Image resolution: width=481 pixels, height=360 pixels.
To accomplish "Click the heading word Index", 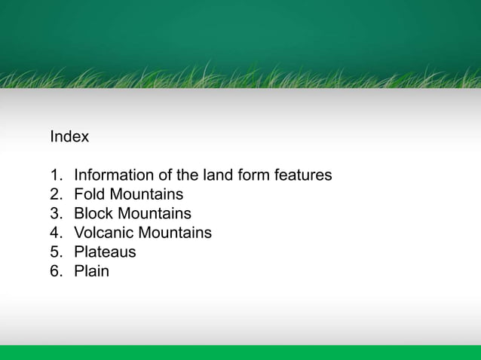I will pyautogui.click(x=69, y=137).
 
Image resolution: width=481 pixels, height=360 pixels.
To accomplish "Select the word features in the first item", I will pyautogui.click(x=303, y=175).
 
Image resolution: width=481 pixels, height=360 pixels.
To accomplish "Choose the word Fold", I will pyautogui.click(x=90, y=194).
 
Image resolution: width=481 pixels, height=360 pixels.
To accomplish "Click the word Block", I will pyautogui.click(x=93, y=213).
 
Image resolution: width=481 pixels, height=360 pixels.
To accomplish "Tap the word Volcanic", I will pyautogui.click(x=104, y=233).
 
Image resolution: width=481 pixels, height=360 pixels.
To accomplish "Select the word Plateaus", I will pyautogui.click(x=105, y=252).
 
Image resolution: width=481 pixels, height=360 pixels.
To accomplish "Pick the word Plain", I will pyautogui.click(x=91, y=271).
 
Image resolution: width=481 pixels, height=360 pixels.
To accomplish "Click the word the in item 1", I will pyautogui.click(x=187, y=175).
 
